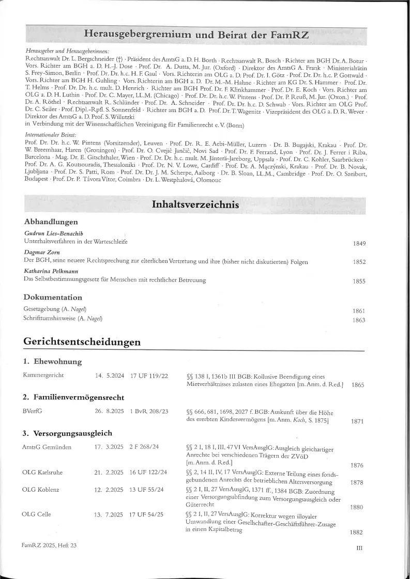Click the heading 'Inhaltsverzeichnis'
tap(195, 205)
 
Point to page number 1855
tap(359, 281)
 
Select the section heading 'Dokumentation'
tap(53, 298)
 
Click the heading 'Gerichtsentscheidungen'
tap(82, 342)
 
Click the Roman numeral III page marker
tap(360, 549)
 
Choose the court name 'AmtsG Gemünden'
tap(47, 447)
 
